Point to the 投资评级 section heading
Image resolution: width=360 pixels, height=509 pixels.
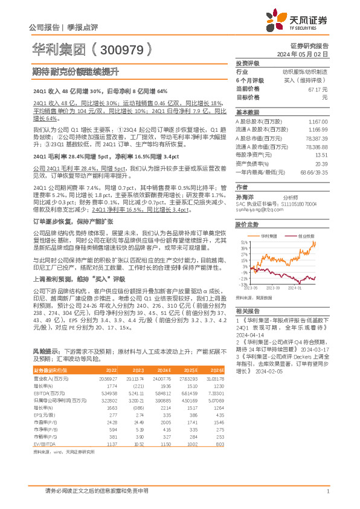[x=247, y=63]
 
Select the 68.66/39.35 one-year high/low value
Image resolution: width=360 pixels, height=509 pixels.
[x=313, y=172]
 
